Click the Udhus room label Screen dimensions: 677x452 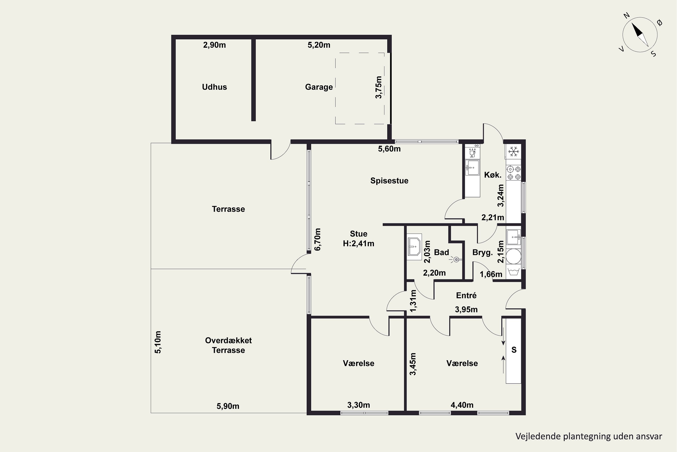(214, 87)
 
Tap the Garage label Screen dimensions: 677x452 (319, 87)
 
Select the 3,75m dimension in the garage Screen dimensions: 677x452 (379, 87)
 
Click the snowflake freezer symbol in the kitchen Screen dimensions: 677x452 (514, 151)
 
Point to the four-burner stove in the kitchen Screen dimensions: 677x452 (514, 173)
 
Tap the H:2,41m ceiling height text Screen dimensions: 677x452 (359, 244)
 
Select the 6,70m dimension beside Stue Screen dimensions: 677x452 (317, 239)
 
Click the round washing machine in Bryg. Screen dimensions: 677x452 (514, 256)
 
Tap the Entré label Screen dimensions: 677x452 (466, 295)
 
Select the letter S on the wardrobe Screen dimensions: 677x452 (514, 350)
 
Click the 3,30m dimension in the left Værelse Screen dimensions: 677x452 (359, 405)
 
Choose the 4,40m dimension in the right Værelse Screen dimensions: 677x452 (462, 405)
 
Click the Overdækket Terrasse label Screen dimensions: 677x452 (229, 345)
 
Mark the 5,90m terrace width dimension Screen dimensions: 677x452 (228, 406)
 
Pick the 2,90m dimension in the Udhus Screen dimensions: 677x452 (214, 45)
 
